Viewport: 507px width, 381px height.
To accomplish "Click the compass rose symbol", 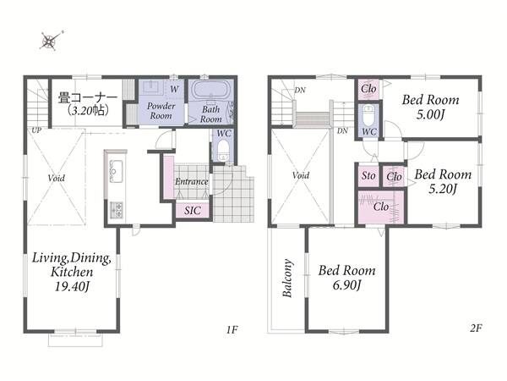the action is tap(51, 41).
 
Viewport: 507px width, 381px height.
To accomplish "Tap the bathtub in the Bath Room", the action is tap(211, 89).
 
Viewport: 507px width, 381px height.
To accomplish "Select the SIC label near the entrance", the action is tap(193, 211).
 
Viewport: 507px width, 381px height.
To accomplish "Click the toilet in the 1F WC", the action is tap(223, 150).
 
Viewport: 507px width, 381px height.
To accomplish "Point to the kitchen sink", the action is tap(116, 171).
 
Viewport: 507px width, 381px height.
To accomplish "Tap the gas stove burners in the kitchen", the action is tap(117, 210).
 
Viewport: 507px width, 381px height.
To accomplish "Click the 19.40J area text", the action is tap(72, 286).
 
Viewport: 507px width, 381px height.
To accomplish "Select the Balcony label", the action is tap(287, 278).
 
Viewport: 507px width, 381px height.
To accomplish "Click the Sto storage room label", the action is tap(368, 176).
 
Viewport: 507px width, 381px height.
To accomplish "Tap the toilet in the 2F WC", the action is tap(368, 115).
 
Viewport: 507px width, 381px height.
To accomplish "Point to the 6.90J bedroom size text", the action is tap(346, 285).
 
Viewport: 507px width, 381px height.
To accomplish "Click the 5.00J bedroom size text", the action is tap(430, 114).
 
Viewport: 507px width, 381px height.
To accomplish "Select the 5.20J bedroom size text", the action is tap(443, 189).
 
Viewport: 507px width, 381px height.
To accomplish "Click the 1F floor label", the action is tap(232, 330).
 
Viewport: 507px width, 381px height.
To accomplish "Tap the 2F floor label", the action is tap(476, 329).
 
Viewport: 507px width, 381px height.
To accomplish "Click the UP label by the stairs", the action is tap(36, 130).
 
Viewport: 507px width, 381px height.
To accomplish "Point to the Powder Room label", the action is tap(161, 111).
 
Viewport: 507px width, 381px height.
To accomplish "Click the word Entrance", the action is tap(192, 181).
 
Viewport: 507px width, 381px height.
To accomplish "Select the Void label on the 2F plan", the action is tap(301, 175).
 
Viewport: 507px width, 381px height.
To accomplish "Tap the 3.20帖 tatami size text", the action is tap(88, 111).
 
